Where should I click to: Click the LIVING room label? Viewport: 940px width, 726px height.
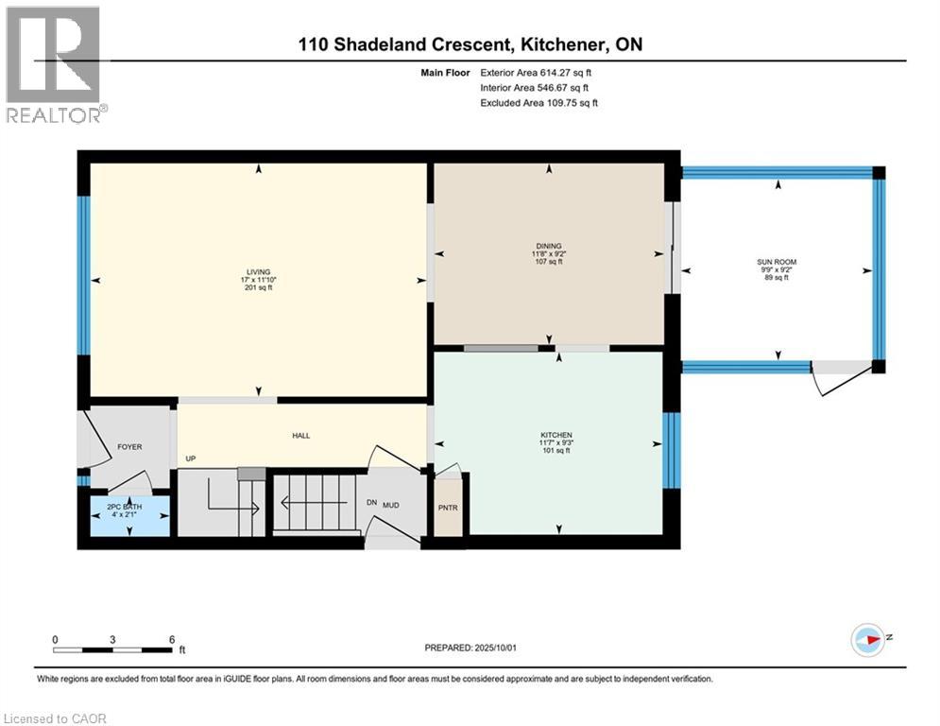click(258, 272)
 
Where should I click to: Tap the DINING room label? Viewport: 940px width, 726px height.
click(549, 246)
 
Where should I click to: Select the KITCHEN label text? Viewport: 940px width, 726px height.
click(556, 435)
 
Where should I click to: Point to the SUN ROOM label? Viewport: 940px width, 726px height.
click(777, 262)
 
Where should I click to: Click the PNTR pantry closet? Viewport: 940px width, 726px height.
click(448, 508)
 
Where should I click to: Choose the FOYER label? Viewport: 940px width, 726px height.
click(129, 447)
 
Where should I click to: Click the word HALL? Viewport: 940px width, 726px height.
click(301, 436)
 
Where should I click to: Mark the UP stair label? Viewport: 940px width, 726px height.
click(191, 458)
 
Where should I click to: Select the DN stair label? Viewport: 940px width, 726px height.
click(371, 502)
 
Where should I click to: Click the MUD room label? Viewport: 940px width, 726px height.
click(391, 505)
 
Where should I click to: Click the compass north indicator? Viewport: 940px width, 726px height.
click(868, 640)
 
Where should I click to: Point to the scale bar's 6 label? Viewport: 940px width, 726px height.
click(172, 640)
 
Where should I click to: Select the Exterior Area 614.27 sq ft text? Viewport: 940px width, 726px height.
click(536, 73)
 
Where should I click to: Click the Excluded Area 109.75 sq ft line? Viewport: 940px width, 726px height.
click(538, 103)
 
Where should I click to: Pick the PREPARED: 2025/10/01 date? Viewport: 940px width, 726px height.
click(470, 648)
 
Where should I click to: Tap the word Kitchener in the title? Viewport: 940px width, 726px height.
click(562, 44)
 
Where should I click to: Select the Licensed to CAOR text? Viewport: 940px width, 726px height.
click(55, 718)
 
